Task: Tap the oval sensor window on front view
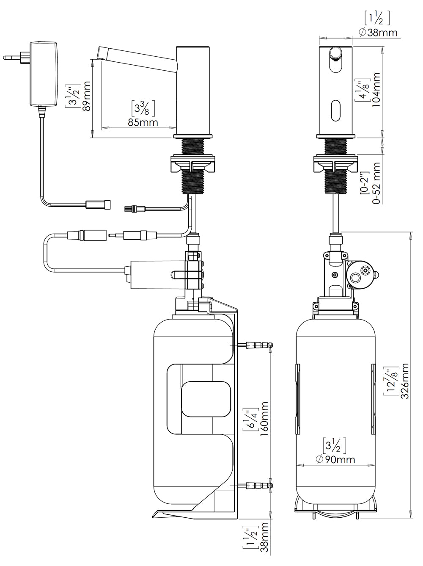coord(335,109)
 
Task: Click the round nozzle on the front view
coord(335,52)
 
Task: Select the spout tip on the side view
coord(102,54)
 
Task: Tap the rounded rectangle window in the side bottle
coord(206,400)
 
